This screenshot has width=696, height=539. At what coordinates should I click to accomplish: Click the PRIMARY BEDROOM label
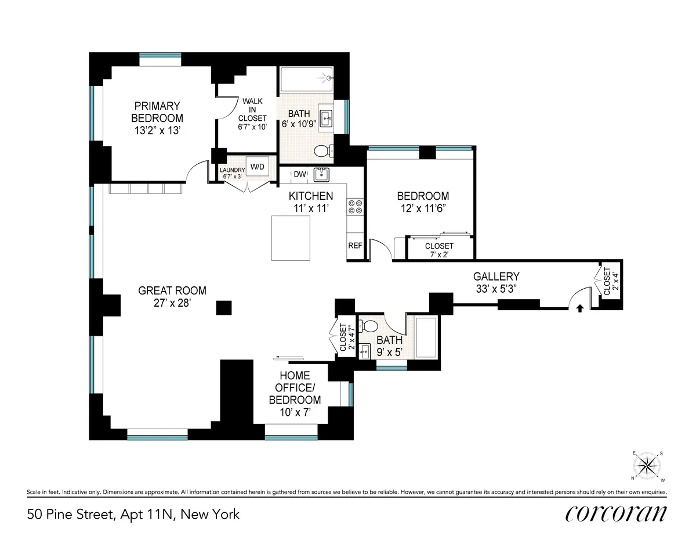click(157, 112)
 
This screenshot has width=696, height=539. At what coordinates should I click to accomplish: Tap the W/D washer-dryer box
click(257, 167)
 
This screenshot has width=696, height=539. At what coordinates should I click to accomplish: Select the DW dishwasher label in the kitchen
click(300, 174)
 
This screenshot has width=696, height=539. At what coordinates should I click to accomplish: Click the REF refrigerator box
click(355, 246)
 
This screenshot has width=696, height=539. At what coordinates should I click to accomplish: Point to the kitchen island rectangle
click(292, 238)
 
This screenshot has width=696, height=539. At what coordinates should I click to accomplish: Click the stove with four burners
click(355, 207)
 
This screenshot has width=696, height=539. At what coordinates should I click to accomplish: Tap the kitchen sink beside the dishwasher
click(321, 174)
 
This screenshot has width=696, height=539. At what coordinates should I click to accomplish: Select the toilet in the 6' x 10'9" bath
click(322, 151)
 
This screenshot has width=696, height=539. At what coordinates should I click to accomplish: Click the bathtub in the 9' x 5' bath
click(427, 337)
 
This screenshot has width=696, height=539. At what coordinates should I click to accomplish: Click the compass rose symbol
click(647, 466)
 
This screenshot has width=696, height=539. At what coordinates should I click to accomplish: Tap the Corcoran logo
click(615, 513)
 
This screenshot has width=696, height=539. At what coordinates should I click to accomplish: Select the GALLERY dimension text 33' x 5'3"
click(496, 289)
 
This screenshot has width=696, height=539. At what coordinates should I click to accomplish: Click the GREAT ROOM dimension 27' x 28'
click(172, 303)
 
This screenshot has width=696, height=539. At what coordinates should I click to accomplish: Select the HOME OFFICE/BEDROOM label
click(295, 387)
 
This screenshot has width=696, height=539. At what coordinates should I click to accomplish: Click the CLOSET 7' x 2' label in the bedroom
click(439, 250)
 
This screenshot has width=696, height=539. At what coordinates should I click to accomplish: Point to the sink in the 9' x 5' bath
click(365, 350)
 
